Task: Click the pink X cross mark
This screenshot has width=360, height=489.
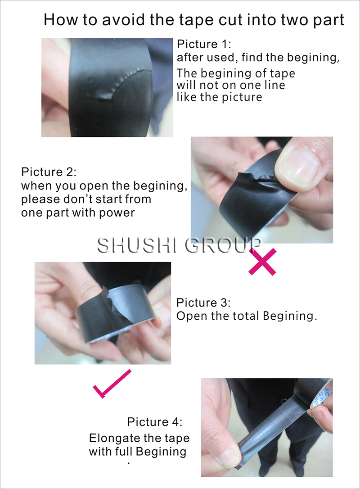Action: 262,262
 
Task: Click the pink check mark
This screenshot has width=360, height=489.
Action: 112,384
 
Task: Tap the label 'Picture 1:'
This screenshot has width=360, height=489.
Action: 204,44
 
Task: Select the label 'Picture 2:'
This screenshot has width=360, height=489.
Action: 49,172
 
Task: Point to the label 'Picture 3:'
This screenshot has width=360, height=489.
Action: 203,303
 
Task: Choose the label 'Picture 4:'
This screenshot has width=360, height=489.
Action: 155,422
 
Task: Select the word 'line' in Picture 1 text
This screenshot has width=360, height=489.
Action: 273,85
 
